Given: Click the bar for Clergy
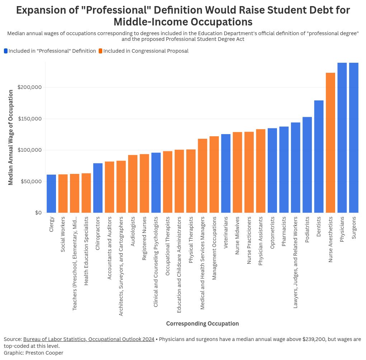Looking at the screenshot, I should point(51,194).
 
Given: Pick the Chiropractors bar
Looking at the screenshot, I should point(98,188).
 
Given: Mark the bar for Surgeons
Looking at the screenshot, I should point(354,138).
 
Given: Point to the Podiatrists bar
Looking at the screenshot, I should point(307,165).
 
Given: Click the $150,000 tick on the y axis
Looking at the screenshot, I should point(30,119).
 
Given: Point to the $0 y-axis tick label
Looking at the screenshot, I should point(38,213).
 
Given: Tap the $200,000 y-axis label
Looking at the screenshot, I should point(30,87).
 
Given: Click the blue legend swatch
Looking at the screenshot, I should point(6,51).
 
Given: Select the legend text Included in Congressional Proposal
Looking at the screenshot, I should point(146,51).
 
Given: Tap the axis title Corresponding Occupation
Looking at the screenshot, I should point(202,323).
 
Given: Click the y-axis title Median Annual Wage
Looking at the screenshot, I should point(11,137).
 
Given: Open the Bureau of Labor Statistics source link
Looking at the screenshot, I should point(89,339).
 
